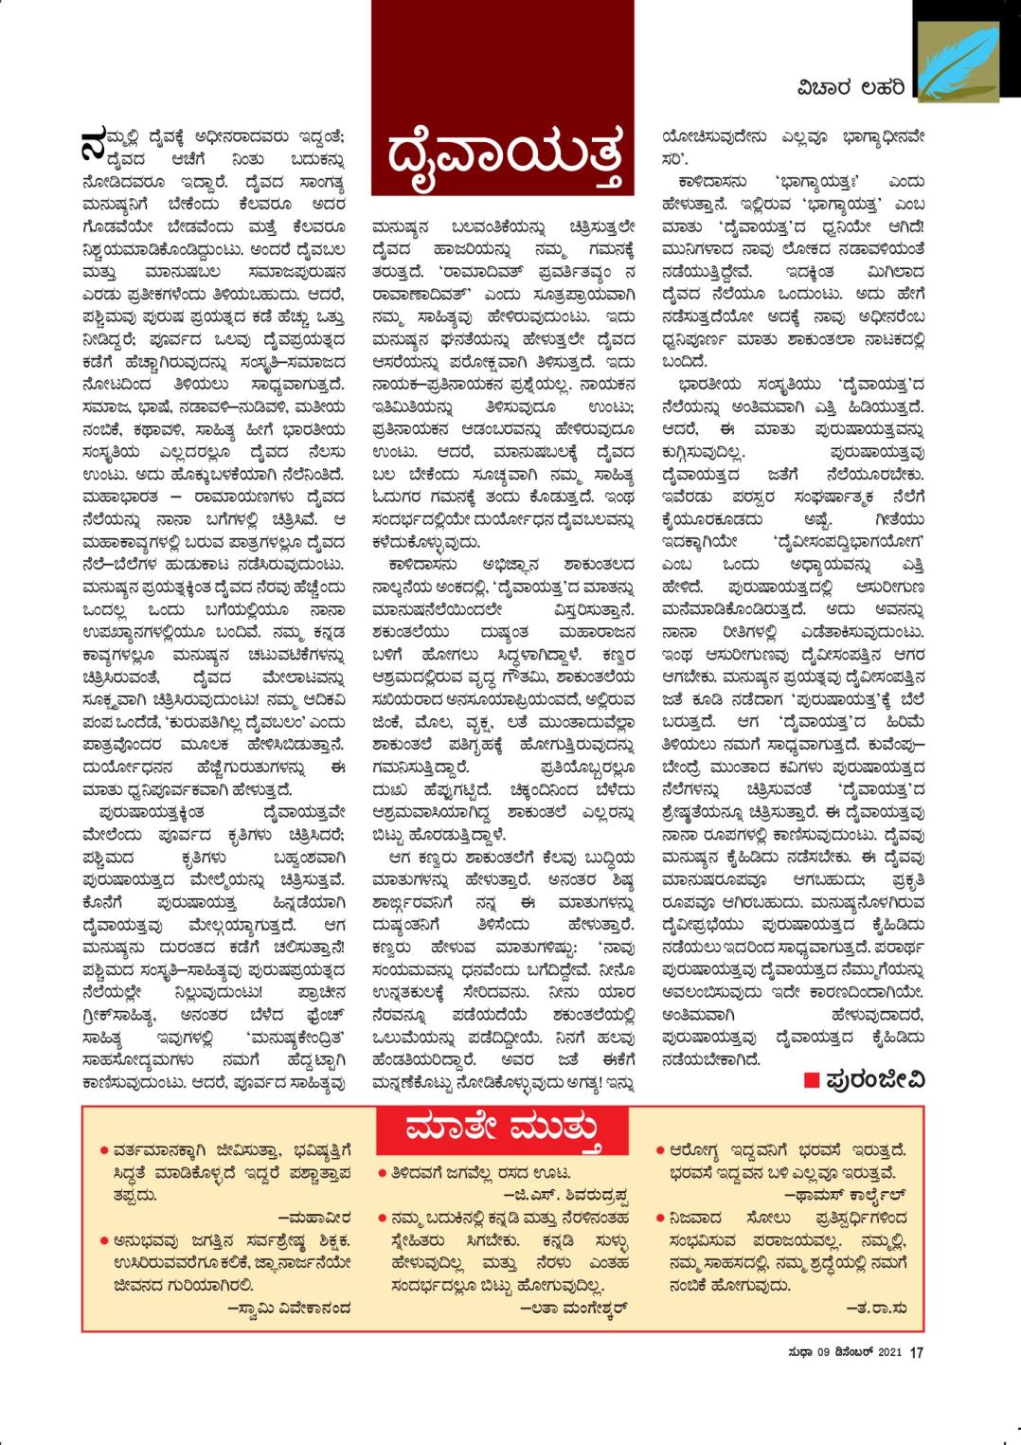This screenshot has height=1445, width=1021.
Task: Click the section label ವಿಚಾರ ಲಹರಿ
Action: (x=851, y=88)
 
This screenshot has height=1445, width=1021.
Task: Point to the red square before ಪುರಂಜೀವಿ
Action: (x=811, y=1079)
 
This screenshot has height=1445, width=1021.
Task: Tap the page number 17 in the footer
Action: (x=916, y=1353)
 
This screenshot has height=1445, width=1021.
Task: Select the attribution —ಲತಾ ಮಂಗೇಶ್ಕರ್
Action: (x=575, y=1309)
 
